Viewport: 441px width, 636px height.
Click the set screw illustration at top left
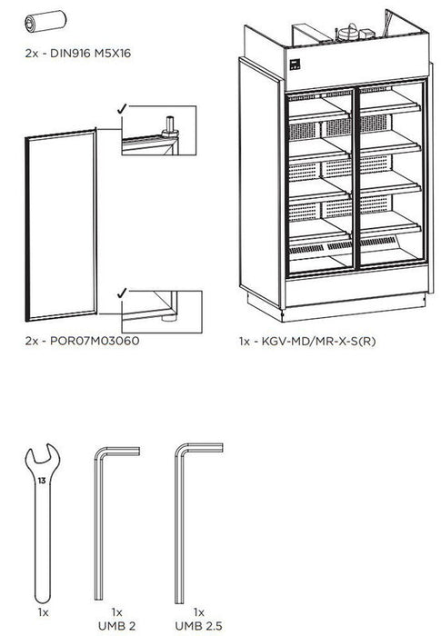[x=40, y=21]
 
